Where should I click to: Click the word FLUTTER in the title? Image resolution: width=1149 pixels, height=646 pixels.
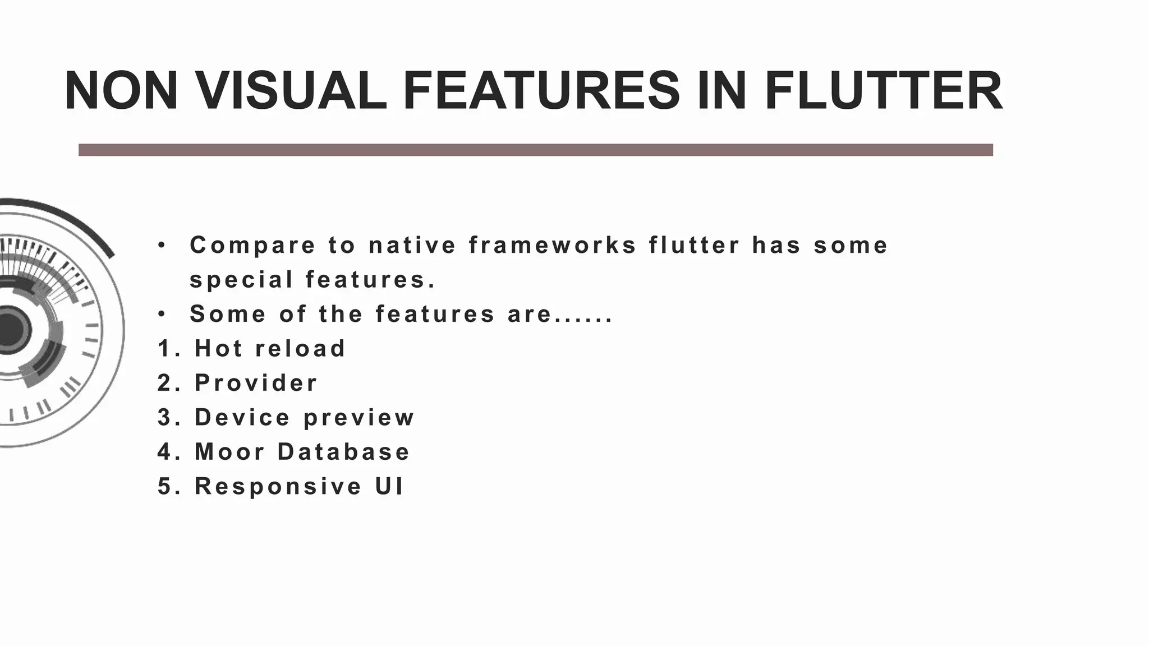pyautogui.click(x=883, y=91)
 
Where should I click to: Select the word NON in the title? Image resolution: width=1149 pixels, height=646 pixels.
pyautogui.click(x=121, y=91)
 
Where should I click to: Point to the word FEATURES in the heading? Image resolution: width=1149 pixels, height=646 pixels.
pyautogui.click(x=541, y=91)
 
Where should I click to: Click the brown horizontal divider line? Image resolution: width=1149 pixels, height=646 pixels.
pyautogui.click(x=535, y=150)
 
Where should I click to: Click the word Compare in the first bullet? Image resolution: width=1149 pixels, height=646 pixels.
pyautogui.click(x=252, y=246)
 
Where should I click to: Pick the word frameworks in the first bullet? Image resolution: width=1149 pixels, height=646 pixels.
pyautogui.click(x=553, y=246)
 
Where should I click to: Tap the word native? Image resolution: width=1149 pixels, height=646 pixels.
pyautogui.click(x=412, y=246)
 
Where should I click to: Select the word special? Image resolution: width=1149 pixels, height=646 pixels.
pyautogui.click(x=241, y=280)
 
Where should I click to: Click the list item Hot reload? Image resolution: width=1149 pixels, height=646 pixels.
pyautogui.click(x=270, y=349)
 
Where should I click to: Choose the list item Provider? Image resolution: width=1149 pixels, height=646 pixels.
pyautogui.click(x=256, y=383)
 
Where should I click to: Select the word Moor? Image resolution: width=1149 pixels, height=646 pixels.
pyautogui.click(x=229, y=452)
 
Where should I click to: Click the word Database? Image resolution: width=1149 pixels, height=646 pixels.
pyautogui.click(x=343, y=452)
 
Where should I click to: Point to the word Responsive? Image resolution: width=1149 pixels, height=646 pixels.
pyautogui.click(x=278, y=486)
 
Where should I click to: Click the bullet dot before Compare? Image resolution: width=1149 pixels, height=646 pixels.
pyautogui.click(x=162, y=245)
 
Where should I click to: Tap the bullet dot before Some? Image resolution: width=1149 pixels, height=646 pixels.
pyautogui.click(x=162, y=314)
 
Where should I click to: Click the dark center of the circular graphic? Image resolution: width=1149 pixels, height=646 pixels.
pyautogui.click(x=8, y=329)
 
